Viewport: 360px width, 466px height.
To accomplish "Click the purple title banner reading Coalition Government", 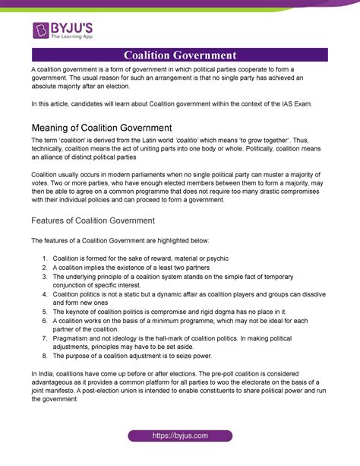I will pyautogui.click(x=180, y=55).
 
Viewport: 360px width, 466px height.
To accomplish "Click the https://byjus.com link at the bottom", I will pyautogui.click(x=180, y=434).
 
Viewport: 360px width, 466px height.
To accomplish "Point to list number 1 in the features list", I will pyautogui.click(x=45, y=258).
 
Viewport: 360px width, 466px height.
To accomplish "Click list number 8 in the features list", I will pyautogui.click(x=45, y=355).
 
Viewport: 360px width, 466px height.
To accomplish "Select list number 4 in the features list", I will pyautogui.click(x=45, y=293).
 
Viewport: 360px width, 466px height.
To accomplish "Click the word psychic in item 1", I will pyautogui.click(x=222, y=258).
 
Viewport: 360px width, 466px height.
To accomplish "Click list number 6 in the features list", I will pyautogui.click(x=45, y=319).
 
